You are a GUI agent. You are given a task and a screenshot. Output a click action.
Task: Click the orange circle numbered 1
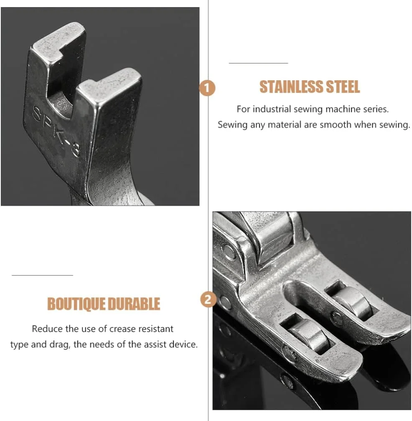point(207,88)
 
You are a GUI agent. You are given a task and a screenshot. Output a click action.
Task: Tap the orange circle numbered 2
point(208,299)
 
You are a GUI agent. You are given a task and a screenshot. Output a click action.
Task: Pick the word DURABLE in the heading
point(134,304)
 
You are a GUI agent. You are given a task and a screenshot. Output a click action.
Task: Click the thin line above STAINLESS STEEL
point(259,63)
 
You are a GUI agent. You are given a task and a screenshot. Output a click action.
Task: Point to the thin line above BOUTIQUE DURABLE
point(42,275)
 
